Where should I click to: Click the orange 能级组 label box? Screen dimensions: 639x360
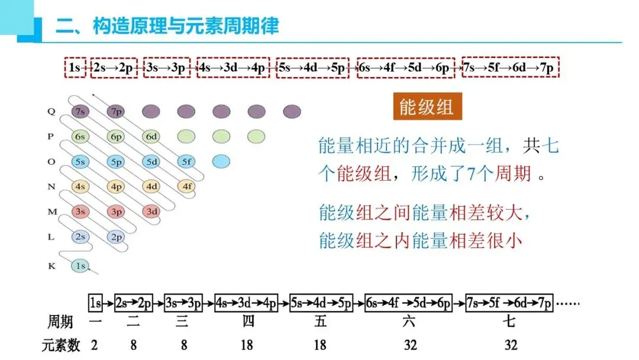coord(427,107)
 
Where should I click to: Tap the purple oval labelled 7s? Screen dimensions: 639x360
coord(80,111)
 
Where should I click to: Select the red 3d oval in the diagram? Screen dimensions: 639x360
coord(151,211)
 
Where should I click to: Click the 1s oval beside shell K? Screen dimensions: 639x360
coord(80,266)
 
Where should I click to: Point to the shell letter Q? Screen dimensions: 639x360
coord(51,111)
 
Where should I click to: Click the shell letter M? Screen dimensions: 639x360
coord(51,211)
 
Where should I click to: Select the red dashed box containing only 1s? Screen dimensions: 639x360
coord(75,68)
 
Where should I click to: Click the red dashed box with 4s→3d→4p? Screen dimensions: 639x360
coord(233,68)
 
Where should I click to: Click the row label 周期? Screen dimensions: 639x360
coord(60,323)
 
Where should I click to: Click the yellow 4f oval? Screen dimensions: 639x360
coord(186,187)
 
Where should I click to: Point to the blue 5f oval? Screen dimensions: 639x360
coord(186,161)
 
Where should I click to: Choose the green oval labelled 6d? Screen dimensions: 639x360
coord(151,136)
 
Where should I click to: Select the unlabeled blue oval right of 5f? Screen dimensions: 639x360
coord(221,161)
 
